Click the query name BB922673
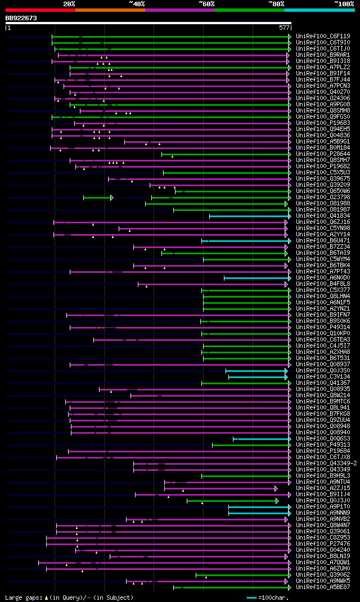click(x=21, y=18)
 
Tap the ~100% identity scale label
click(x=344, y=3)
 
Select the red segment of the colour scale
click(x=40, y=10)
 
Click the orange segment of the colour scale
click(x=110, y=10)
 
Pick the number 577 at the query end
click(x=283, y=27)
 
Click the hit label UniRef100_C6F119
click(x=322, y=36)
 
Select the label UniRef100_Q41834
click(x=322, y=215)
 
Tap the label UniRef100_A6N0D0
click(x=322, y=277)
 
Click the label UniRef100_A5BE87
click(x=322, y=587)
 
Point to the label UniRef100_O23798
click(x=322, y=197)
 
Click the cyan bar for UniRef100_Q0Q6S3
click(x=262, y=438)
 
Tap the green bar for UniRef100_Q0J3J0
click(x=232, y=500)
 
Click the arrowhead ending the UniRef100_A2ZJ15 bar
click(x=276, y=488)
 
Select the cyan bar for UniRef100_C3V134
click(x=259, y=376)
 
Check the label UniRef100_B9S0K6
click(x=322, y=321)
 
